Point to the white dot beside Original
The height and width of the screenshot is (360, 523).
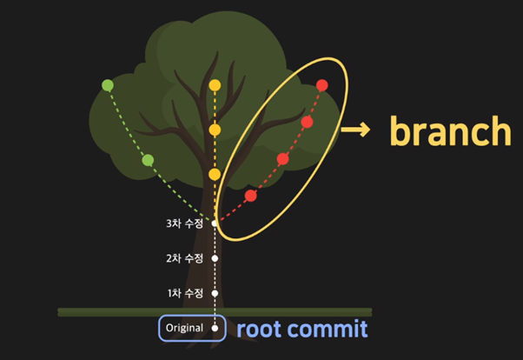click(215, 328)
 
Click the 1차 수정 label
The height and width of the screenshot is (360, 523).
click(184, 293)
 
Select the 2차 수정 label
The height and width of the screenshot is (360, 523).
click(184, 258)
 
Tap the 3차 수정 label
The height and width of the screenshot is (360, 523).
click(184, 223)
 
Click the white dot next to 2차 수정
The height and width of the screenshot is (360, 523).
click(215, 258)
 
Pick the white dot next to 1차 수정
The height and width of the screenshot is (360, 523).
click(215, 293)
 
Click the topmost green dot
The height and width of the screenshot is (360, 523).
click(108, 85)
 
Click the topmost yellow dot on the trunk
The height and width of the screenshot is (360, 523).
click(215, 86)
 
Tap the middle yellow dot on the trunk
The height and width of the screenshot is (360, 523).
click(215, 130)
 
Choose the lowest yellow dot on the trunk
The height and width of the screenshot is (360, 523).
click(215, 175)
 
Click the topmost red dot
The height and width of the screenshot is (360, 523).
click(322, 85)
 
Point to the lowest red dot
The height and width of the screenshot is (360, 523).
click(251, 196)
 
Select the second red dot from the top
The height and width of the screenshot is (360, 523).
click(307, 123)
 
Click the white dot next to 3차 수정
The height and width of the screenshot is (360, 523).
click(215, 223)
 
